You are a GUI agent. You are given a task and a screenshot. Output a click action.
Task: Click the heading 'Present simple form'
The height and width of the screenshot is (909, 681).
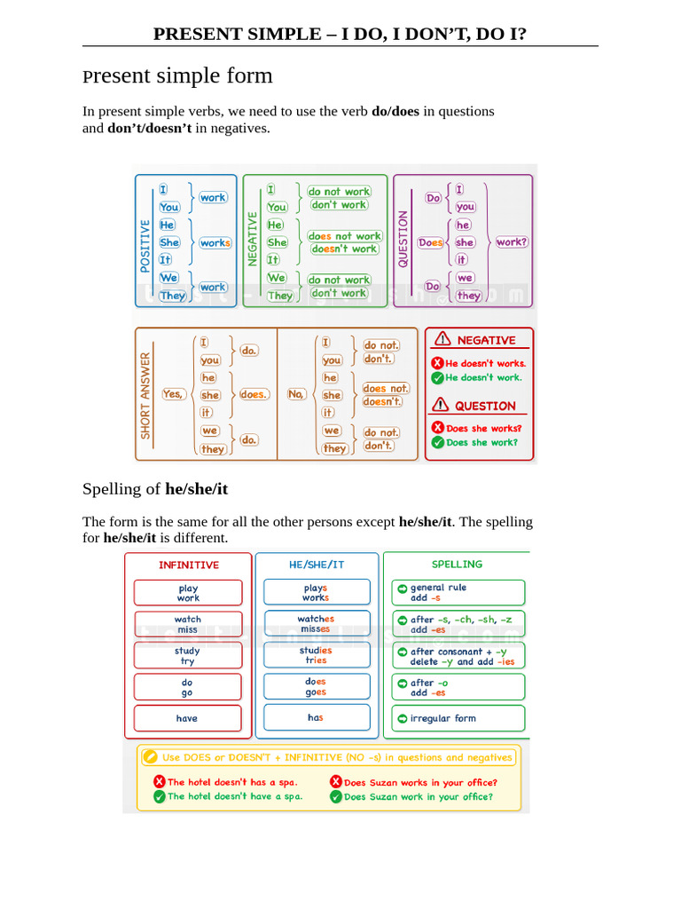point(177,75)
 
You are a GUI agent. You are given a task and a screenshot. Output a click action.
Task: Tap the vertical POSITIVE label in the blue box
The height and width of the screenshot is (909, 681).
point(145,246)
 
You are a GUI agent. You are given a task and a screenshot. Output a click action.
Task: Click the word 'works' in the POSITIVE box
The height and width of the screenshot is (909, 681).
point(215,243)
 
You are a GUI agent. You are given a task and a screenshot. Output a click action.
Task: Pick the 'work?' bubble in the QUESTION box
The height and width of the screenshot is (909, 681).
point(512,242)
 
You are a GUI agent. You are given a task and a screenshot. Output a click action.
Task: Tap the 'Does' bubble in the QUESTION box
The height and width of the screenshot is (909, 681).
point(431,242)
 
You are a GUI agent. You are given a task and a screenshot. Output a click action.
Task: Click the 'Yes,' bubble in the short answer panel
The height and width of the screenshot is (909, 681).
point(173,394)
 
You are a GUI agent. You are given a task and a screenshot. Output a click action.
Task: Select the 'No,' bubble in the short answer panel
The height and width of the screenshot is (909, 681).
point(296,394)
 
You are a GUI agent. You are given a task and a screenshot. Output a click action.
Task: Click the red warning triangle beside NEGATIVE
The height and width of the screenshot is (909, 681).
point(441,339)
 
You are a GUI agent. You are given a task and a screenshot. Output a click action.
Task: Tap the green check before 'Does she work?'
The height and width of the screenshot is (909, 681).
point(437,442)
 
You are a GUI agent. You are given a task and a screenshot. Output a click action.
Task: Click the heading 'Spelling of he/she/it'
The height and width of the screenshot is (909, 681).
point(155,489)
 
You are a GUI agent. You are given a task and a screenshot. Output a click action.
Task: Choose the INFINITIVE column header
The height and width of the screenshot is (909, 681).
point(188,565)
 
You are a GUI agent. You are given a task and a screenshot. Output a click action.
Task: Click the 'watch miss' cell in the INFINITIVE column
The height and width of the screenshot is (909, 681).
point(188,624)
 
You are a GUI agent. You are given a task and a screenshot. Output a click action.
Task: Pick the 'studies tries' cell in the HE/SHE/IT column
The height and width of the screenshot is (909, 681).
point(317,655)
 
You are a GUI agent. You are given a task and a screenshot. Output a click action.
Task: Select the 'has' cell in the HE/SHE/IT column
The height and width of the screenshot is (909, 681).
point(317,717)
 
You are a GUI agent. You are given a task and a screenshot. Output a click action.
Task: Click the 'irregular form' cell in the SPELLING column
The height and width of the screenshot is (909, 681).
point(458,718)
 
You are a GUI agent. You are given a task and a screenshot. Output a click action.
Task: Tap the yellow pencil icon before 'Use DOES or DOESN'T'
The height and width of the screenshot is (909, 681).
point(150,757)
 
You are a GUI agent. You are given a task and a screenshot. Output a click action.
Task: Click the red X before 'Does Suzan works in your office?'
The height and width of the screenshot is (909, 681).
point(336,782)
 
